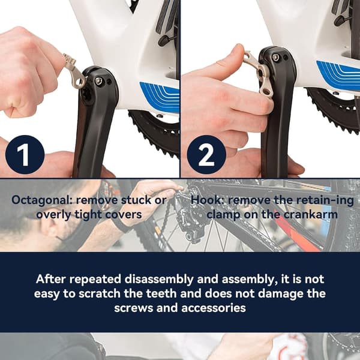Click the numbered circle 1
(x=25, y=155)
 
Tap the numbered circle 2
(x=206, y=155)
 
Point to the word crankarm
(x=311, y=215)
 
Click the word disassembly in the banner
(x=159, y=280)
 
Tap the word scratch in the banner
(x=100, y=294)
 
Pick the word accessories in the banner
(x=214, y=308)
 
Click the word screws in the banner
(x=134, y=308)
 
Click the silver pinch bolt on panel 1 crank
(x=99, y=80)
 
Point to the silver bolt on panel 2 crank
(x=276, y=58)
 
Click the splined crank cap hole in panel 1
(x=88, y=95)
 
